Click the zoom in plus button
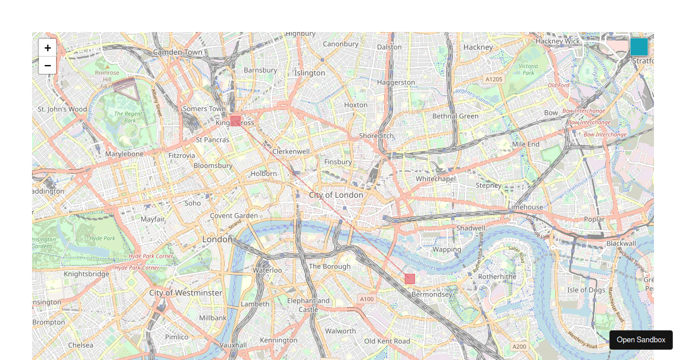[x=47, y=48]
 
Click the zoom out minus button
[x=47, y=66]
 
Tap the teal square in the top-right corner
[x=639, y=47]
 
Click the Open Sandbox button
[x=641, y=340]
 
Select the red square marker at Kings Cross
[x=236, y=121]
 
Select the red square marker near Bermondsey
[x=410, y=279]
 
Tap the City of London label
[x=336, y=195]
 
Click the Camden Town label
[x=178, y=52]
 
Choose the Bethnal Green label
[x=455, y=116]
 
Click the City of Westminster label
[x=186, y=293]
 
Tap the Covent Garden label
[x=234, y=215]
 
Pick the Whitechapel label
[x=435, y=179]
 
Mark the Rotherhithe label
[x=497, y=277]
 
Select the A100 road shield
[x=366, y=299]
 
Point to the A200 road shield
[x=519, y=346]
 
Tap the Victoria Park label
[x=528, y=69]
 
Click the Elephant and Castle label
[x=309, y=305]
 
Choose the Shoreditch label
[x=376, y=135]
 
